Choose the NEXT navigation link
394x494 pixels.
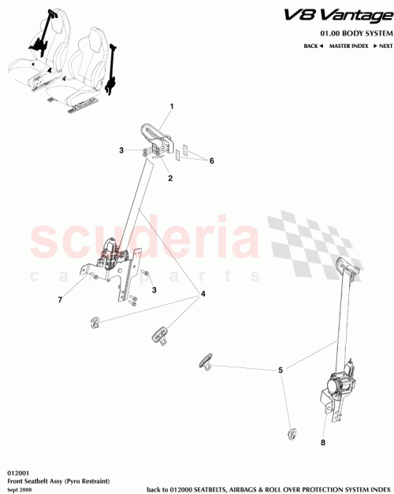pos(382,47)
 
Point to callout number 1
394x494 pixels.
pos(172,106)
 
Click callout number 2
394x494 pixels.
pos(169,179)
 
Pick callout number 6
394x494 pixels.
pos(211,160)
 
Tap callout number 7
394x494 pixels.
pos(58,300)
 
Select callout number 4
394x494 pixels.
pos(203,294)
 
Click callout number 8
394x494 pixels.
pos(323,442)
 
